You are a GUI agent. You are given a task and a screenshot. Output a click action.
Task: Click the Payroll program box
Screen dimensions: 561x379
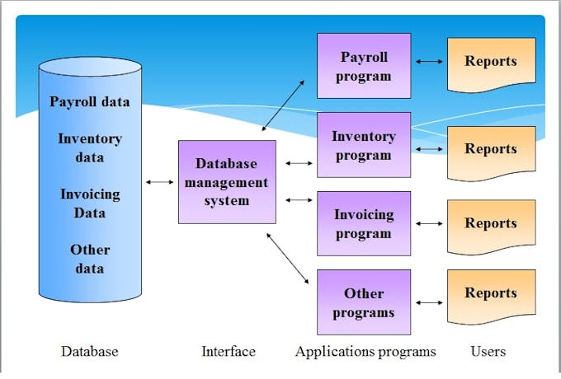click(x=364, y=66)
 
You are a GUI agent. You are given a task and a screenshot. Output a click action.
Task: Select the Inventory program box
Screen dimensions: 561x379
click(x=364, y=145)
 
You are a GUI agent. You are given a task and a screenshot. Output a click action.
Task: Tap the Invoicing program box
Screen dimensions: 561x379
click(x=364, y=223)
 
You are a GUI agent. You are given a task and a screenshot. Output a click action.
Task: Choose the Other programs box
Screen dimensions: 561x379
click(x=364, y=302)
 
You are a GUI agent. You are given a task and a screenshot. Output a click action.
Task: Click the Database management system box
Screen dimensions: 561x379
click(x=227, y=182)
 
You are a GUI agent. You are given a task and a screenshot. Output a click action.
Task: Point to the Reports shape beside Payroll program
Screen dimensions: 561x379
click(x=492, y=64)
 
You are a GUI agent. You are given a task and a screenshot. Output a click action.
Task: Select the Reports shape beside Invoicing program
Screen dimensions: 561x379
click(x=492, y=227)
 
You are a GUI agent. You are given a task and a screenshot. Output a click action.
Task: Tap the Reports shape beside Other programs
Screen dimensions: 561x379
click(x=492, y=297)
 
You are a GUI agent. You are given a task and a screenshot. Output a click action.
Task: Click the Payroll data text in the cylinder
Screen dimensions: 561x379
click(x=89, y=102)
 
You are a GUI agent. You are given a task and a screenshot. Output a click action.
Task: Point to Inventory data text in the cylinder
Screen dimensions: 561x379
click(x=90, y=147)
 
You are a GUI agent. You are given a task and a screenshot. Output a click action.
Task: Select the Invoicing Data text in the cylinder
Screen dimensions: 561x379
click(x=90, y=204)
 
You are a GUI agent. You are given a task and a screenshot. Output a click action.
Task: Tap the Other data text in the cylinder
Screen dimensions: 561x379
click(x=90, y=259)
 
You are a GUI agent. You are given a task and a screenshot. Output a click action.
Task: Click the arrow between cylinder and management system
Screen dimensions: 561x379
click(x=159, y=182)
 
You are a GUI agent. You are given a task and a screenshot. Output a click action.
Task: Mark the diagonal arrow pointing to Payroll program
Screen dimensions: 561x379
click(x=283, y=105)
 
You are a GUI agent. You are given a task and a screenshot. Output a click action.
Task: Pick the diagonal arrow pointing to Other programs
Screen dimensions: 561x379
click(x=288, y=258)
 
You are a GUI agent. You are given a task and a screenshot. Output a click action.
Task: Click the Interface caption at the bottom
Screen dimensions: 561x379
click(x=229, y=351)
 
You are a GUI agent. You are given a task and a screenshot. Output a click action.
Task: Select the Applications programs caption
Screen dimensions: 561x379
click(x=365, y=352)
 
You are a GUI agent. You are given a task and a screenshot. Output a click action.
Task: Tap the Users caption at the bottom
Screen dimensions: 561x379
click(x=488, y=351)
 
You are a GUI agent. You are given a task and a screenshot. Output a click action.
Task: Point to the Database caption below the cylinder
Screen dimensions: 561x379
click(x=89, y=351)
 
